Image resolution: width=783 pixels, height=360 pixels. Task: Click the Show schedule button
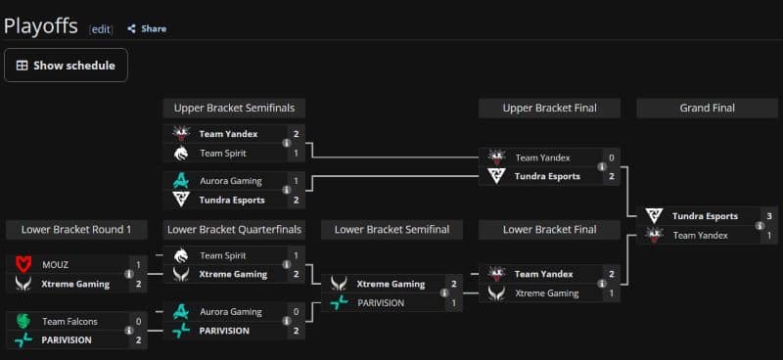click(x=66, y=65)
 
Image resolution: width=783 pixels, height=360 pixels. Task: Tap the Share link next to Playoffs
click(x=147, y=29)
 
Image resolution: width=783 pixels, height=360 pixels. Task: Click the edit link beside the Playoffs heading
click(x=101, y=29)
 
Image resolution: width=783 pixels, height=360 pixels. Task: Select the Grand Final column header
click(x=707, y=108)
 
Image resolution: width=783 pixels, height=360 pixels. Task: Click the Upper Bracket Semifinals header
click(x=234, y=108)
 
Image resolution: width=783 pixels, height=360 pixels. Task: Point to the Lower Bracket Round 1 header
click(x=76, y=230)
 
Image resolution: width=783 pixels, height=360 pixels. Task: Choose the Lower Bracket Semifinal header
click(x=392, y=230)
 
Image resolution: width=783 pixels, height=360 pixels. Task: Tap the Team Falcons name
click(x=69, y=322)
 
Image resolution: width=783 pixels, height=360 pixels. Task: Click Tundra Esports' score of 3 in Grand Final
click(x=769, y=216)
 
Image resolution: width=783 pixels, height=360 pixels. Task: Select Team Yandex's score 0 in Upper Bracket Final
click(x=612, y=157)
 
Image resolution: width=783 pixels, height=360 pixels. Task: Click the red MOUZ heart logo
click(x=23, y=265)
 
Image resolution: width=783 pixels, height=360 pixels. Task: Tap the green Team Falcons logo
click(x=23, y=322)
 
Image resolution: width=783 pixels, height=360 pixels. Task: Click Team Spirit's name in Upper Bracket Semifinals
click(x=223, y=154)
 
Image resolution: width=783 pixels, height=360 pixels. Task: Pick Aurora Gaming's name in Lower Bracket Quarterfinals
click(x=231, y=312)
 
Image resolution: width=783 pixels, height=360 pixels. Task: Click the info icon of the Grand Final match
click(x=760, y=226)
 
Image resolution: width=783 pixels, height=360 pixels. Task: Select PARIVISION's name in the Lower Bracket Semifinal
click(x=381, y=303)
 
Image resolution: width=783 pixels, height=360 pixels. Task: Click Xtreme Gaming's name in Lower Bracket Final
click(x=547, y=293)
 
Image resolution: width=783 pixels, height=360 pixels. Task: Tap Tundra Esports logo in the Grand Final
click(x=653, y=216)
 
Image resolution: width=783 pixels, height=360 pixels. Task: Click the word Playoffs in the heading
click(x=41, y=26)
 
